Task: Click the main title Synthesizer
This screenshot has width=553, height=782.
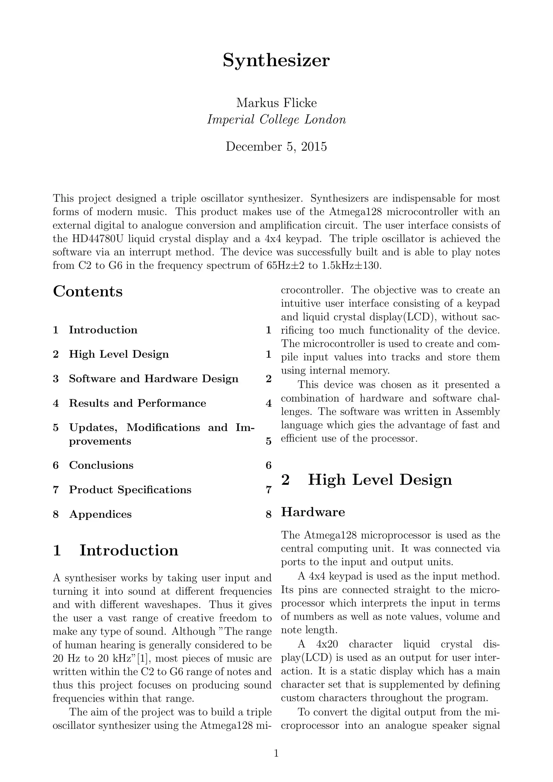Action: [x=276, y=61]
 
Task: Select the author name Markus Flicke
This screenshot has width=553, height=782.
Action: [x=276, y=103]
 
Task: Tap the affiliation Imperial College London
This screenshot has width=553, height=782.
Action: [x=276, y=120]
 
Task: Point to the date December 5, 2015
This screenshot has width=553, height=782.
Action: [x=276, y=147]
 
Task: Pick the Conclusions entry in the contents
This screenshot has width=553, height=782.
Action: [x=101, y=465]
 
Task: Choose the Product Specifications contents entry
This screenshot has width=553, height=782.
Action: [x=130, y=490]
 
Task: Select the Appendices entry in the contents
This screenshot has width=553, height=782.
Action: [x=100, y=514]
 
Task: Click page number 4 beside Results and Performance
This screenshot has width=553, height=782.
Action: [x=268, y=404]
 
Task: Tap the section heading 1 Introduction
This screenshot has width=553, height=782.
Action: [x=116, y=550]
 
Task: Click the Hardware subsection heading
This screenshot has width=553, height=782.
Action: [x=313, y=512]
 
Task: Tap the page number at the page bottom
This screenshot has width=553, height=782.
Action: [x=276, y=753]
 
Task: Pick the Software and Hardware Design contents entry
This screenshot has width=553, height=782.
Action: [x=153, y=379]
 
